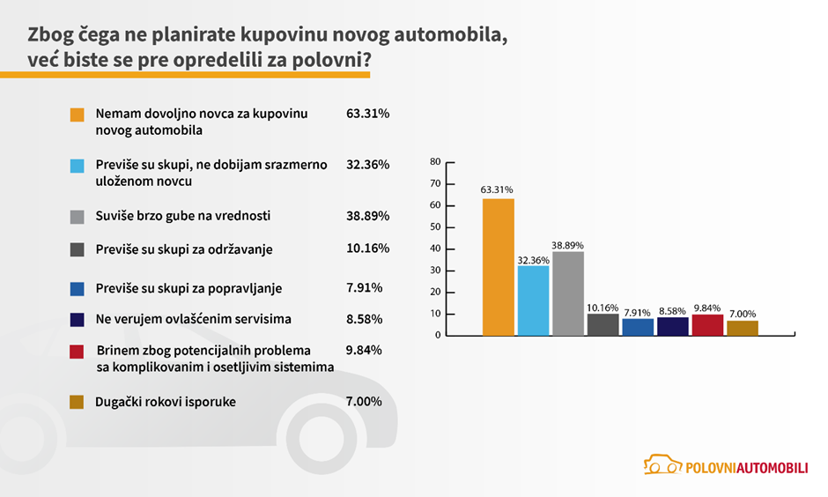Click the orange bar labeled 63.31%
[x=499, y=267]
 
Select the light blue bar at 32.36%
[x=533, y=300]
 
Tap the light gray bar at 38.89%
[x=568, y=293]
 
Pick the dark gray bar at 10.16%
[x=603, y=324]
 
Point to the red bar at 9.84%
[x=707, y=325]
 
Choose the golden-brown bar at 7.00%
[x=743, y=328]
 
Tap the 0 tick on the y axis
[x=437, y=335]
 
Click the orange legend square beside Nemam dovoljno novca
[x=77, y=115]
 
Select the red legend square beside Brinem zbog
[x=77, y=351]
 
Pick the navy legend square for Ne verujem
[x=77, y=318]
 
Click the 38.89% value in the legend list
[x=368, y=215]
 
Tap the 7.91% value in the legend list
[x=365, y=286]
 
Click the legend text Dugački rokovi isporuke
[x=166, y=402]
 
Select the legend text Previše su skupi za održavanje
[x=183, y=249]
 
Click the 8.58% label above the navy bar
[x=672, y=311]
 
